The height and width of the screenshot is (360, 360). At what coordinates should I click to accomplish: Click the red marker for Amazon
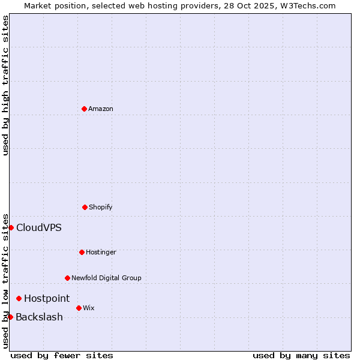pos(84,109)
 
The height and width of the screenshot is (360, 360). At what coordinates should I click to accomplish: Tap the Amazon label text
pos(101,109)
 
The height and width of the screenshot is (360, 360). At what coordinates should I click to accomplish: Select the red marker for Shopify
pos(85,207)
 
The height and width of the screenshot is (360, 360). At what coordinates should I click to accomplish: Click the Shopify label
pos(101,208)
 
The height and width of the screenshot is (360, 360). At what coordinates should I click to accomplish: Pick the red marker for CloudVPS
pos(11,227)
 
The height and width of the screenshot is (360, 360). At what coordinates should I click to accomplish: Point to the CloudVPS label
pos(39,228)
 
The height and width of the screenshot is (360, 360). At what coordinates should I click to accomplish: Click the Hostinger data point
pos(82,252)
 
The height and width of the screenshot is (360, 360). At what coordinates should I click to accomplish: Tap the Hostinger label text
pos(101,253)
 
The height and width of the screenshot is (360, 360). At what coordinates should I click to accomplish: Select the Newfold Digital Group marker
pos(67,278)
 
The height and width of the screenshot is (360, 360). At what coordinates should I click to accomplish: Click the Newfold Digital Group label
pos(106,278)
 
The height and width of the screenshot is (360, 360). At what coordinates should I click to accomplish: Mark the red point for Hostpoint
pos(19,298)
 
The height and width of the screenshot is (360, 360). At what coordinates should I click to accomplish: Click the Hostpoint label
pos(47,299)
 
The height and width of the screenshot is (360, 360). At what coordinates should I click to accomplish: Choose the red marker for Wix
pos(79,308)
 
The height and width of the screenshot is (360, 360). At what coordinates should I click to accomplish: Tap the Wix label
pos(89,308)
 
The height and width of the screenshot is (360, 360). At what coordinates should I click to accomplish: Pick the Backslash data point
pos(10,317)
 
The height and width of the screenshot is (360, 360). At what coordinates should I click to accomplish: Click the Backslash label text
pos(39,317)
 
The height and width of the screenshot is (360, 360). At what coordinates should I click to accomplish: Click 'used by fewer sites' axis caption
pos(62,356)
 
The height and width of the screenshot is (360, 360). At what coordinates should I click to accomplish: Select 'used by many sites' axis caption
pos(301,356)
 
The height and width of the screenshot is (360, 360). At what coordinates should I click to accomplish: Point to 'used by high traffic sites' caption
pos(5,85)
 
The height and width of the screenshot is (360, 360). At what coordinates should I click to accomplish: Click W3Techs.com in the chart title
pos(306,5)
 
